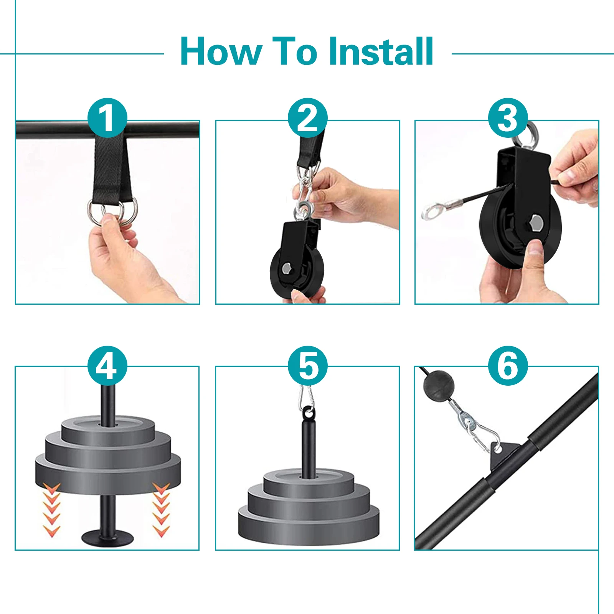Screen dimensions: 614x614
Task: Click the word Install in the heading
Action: pos(381,51)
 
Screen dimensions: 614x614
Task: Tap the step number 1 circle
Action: pos(107,118)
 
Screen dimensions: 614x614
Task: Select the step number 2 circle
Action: pos(307,118)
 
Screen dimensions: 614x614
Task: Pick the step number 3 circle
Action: pos(508,118)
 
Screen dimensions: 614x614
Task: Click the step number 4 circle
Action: pos(107,366)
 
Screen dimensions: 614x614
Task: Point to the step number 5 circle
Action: pos(307,366)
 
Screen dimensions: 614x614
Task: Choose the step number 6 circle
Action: pos(508,366)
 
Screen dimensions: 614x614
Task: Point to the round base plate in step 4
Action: pos(108,536)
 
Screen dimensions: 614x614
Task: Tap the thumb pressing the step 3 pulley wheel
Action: pos(535,253)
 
